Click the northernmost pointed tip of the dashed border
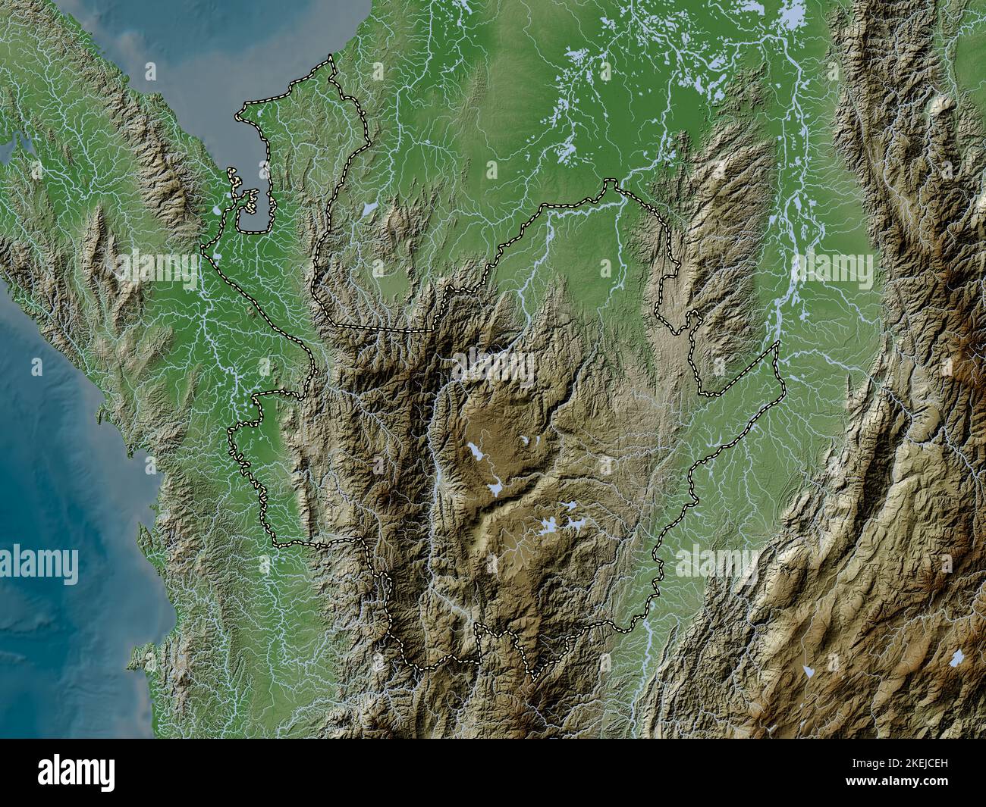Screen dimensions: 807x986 click(330, 58)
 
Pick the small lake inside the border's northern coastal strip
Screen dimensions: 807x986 click(261, 113)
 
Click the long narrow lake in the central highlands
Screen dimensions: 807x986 click(477, 452)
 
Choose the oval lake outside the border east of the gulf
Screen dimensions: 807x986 click(369, 208)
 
